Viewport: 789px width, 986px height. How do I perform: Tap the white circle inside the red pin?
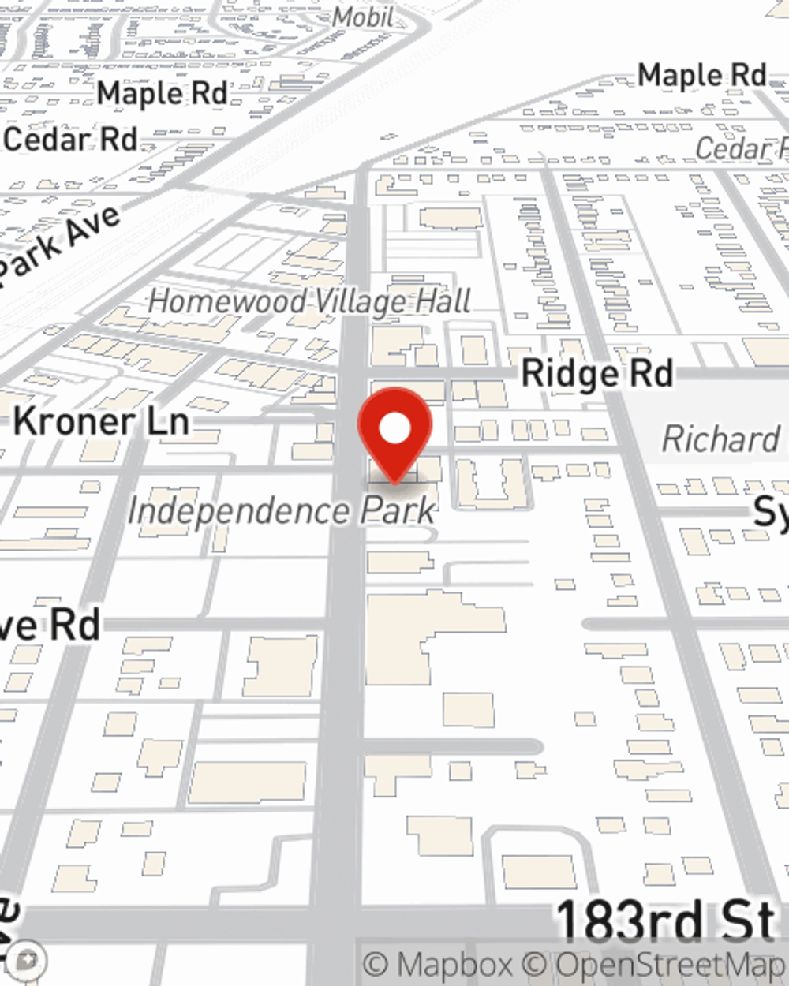(x=395, y=429)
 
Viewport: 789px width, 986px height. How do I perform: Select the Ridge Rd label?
(x=597, y=373)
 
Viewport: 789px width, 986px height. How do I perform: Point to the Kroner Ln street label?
(x=102, y=421)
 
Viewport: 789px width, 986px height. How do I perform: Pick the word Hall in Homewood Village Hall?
(x=447, y=301)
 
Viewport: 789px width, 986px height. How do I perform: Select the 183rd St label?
(x=665, y=921)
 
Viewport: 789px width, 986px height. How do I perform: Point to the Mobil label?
(x=362, y=16)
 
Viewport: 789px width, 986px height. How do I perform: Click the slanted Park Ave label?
(x=59, y=245)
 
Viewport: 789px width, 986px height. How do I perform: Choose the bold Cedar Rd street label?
(x=71, y=139)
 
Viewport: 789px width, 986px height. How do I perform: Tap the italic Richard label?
(x=720, y=439)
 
